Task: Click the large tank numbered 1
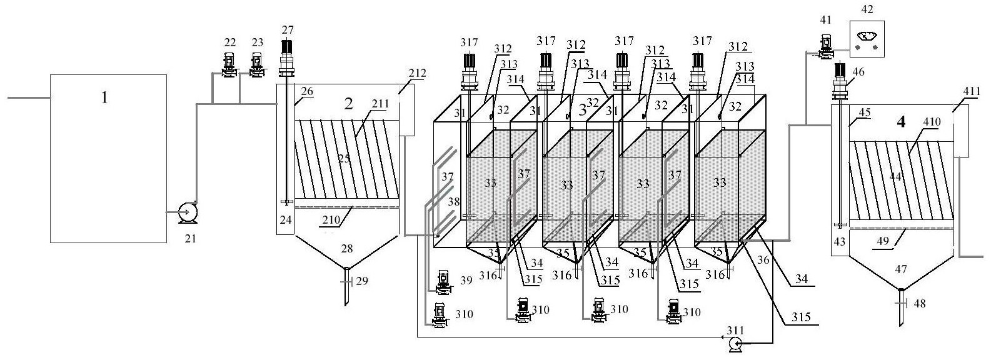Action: point(108,157)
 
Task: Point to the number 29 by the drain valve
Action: point(361,281)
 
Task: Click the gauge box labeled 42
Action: point(868,39)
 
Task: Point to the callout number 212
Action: point(417,73)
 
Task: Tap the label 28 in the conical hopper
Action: point(346,249)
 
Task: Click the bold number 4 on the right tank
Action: point(901,121)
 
